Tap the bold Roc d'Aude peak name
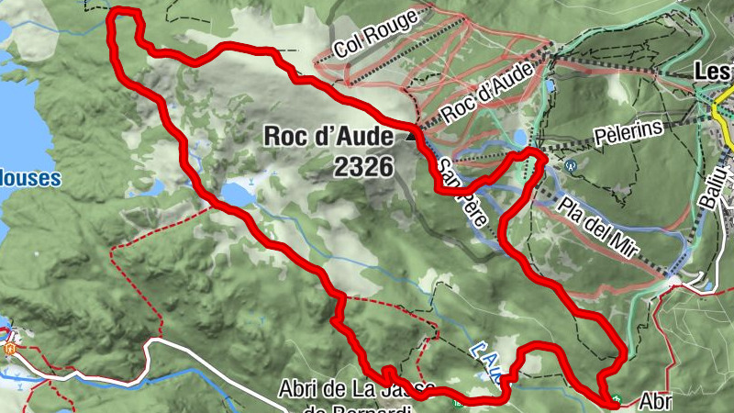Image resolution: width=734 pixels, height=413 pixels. click(328, 136)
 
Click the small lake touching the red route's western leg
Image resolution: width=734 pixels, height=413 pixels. click(237, 194)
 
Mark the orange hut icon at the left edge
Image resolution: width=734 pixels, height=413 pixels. click(10, 349)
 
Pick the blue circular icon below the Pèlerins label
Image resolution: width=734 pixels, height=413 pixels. click(571, 166)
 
